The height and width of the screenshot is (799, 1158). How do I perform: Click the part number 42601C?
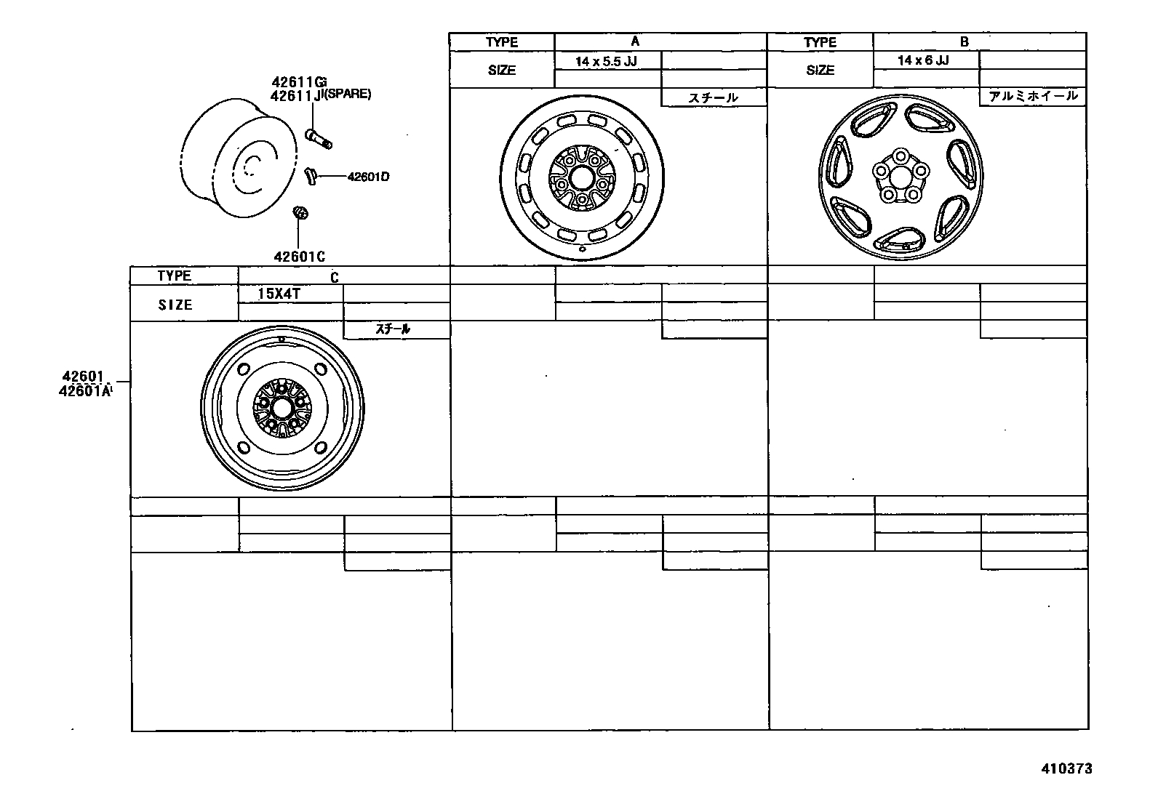[x=298, y=256]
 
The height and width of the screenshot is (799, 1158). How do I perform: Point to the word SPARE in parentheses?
[x=348, y=95]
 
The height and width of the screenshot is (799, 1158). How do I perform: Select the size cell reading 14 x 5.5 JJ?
[x=606, y=61]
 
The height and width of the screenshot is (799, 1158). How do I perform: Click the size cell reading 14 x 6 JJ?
[x=923, y=60]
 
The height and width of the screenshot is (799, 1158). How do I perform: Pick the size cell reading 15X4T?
[x=279, y=294]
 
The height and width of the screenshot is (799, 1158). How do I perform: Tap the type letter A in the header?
[x=634, y=41]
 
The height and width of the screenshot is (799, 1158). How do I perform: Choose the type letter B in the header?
[x=964, y=42]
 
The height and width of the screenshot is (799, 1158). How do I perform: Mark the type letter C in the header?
[x=335, y=277]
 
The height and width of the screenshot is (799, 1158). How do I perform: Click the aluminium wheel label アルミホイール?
[x=1032, y=96]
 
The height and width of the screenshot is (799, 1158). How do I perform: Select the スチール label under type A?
[x=713, y=97]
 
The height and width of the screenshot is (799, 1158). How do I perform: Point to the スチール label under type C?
[x=393, y=329]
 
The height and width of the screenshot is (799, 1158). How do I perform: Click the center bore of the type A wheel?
[x=581, y=177]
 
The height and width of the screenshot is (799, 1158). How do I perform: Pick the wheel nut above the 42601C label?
[x=299, y=213]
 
